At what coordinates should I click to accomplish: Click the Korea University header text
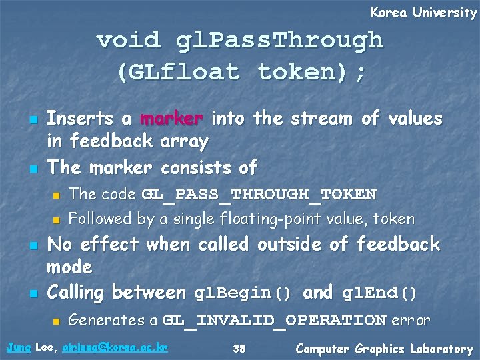pyautogui.click(x=423, y=13)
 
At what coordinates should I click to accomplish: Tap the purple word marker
pyautogui.click(x=172, y=119)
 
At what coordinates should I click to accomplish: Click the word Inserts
pyautogui.click(x=79, y=119)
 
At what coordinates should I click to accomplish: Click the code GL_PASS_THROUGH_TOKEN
pyautogui.click(x=259, y=195)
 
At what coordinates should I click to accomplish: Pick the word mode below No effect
pyautogui.click(x=69, y=267)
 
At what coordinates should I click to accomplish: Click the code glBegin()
pyautogui.click(x=243, y=293)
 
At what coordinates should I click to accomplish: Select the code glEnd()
pyautogui.click(x=379, y=293)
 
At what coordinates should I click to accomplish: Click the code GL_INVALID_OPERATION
pyautogui.click(x=275, y=321)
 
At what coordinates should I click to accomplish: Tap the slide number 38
pyautogui.click(x=240, y=349)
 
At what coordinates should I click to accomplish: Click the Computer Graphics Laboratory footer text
pyautogui.click(x=384, y=349)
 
